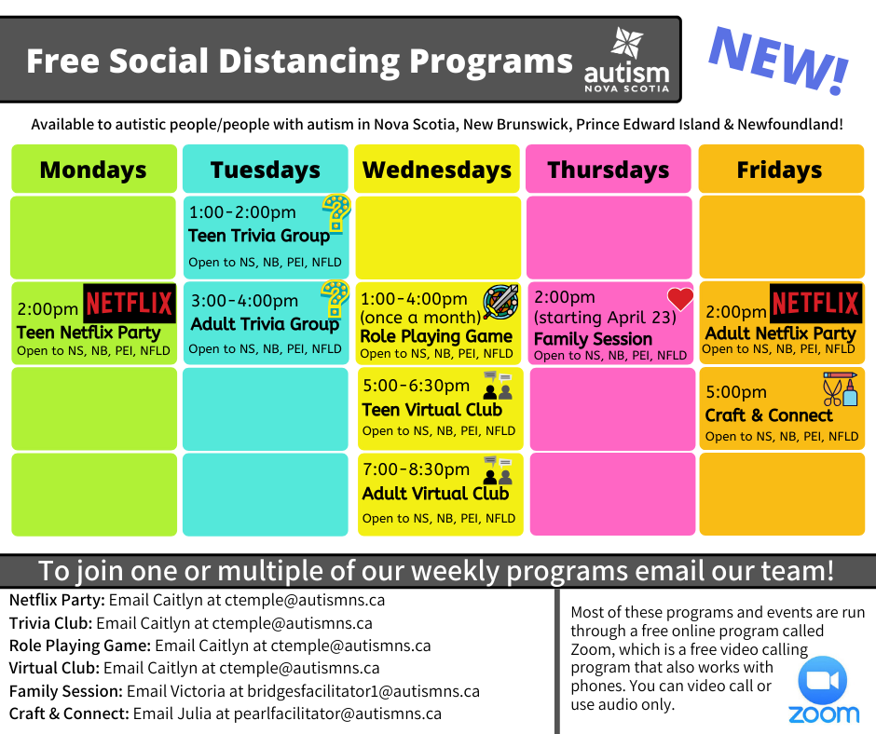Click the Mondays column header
[x=94, y=170]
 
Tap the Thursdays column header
[x=609, y=170]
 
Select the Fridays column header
[x=781, y=170]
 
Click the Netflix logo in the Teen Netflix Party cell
[x=130, y=304]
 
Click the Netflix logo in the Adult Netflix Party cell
[x=816, y=304]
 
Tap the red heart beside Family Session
[x=680, y=299]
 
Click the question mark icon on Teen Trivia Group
[x=336, y=212]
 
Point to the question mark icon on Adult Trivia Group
[x=335, y=299]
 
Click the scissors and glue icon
[x=840, y=388]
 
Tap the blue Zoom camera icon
[x=822, y=681]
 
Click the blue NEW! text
[x=779, y=60]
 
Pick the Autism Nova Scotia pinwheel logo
[x=627, y=43]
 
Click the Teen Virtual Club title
[x=431, y=410]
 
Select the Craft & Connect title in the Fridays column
[x=769, y=415]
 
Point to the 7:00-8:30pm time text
[x=417, y=469]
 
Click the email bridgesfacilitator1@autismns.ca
[x=363, y=691]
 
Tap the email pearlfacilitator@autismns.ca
[x=337, y=714]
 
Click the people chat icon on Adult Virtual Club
[x=498, y=469]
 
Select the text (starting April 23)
[x=605, y=318]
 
